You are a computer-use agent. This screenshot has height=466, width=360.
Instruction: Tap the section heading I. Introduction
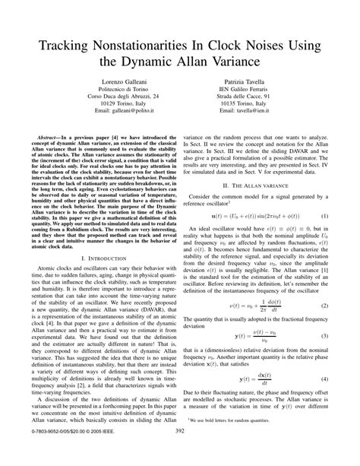(103, 258)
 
